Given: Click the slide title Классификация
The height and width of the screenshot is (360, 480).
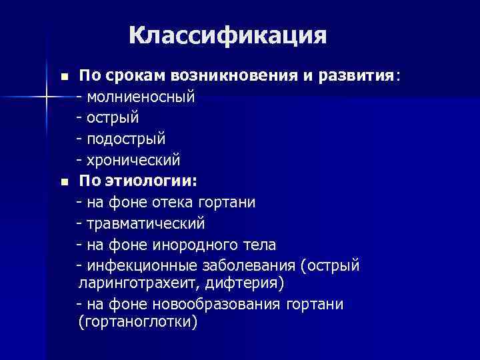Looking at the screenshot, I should point(228,36).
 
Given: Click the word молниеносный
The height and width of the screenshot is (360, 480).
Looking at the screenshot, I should point(140,97).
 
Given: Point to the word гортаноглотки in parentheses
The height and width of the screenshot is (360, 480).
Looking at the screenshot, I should point(138,323).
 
